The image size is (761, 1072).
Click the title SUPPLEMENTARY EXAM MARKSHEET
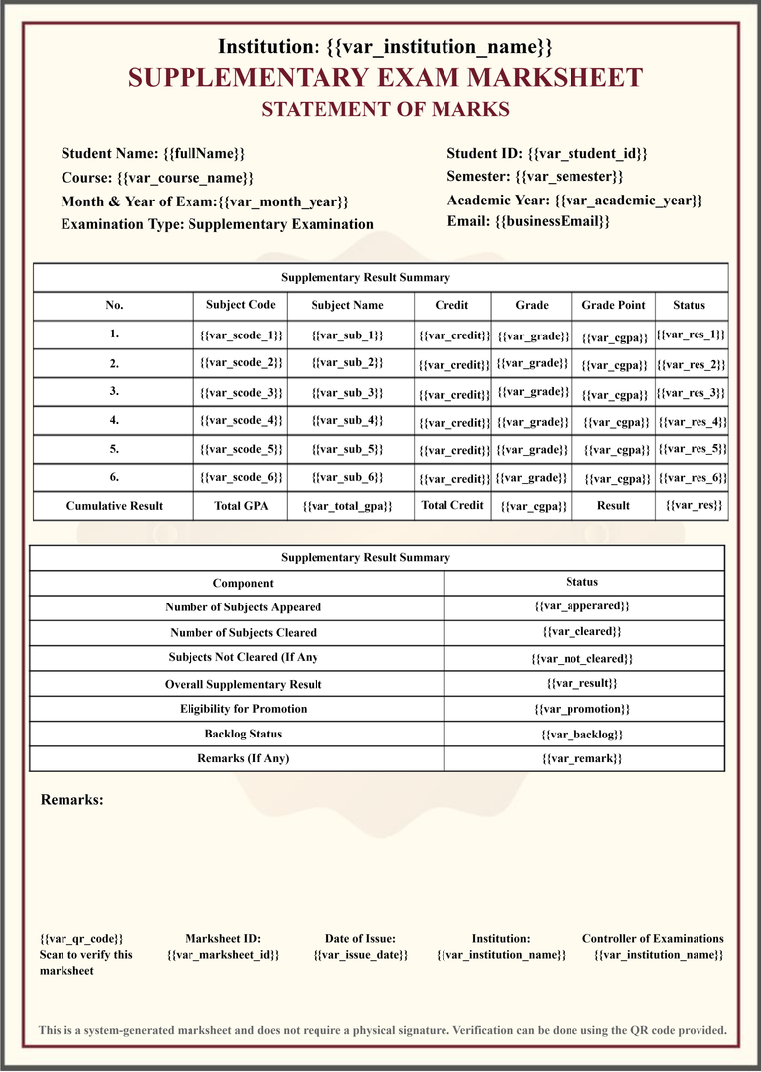(x=385, y=78)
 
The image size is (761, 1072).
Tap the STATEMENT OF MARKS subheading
(x=385, y=110)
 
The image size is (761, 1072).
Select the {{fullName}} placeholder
(x=203, y=154)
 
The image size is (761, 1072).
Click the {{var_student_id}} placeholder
(x=587, y=153)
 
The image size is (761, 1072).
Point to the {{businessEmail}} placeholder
(x=552, y=221)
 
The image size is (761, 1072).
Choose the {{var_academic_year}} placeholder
(x=628, y=200)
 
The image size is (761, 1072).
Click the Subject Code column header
(x=241, y=305)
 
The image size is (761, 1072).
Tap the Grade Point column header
(x=613, y=305)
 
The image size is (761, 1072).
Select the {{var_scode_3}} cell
(x=241, y=393)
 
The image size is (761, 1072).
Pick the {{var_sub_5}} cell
(x=347, y=450)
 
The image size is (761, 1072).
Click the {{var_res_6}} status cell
(x=693, y=478)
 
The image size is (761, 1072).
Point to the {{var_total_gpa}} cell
(x=347, y=506)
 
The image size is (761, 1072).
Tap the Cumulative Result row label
(x=114, y=506)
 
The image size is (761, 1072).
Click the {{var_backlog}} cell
(x=582, y=735)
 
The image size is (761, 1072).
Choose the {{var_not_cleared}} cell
(x=582, y=658)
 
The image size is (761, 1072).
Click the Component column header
(x=243, y=583)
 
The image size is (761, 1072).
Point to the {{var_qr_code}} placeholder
(x=82, y=938)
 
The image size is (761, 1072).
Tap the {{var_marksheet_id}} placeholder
(x=223, y=955)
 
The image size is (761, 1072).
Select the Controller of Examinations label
(x=653, y=938)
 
